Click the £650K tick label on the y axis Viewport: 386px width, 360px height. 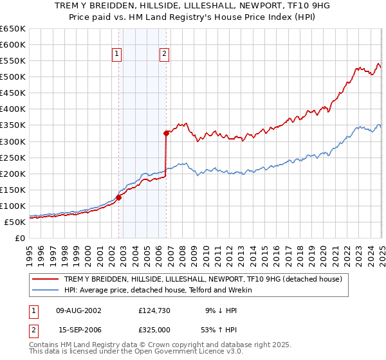pos(13,29)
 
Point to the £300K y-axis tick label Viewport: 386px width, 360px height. pos(13,141)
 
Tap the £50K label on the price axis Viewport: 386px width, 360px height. pos(15,222)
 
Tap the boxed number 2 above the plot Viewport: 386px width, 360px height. pos(165,54)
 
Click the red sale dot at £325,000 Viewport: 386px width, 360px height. pos(166,134)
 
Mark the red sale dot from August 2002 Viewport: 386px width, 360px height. pos(118,198)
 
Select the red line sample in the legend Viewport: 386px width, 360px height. pos(47,279)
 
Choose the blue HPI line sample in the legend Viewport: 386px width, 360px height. pos(47,290)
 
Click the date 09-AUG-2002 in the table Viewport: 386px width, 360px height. pos(78,310)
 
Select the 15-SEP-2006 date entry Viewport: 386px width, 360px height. pos(78,328)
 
